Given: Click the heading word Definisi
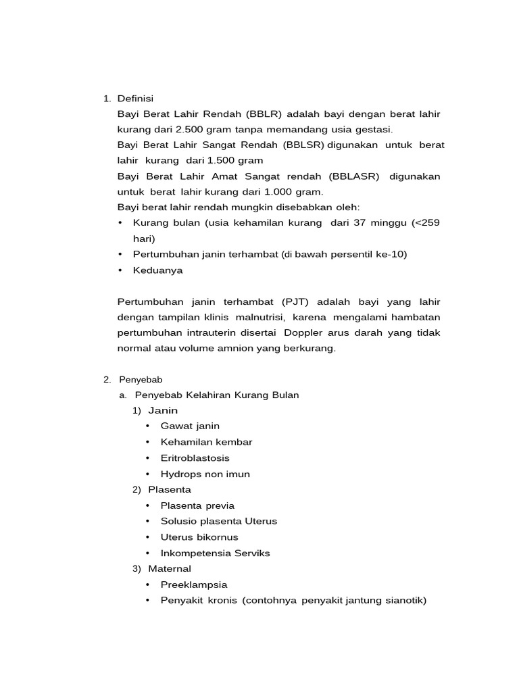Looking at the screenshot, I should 135,99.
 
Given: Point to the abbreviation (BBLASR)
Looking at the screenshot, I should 355,176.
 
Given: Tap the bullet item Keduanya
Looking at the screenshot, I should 157,270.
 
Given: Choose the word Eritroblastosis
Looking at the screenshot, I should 195,458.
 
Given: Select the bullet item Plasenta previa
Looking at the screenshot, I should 197,505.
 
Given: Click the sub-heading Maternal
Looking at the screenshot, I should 170,568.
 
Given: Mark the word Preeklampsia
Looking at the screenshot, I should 193,585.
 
